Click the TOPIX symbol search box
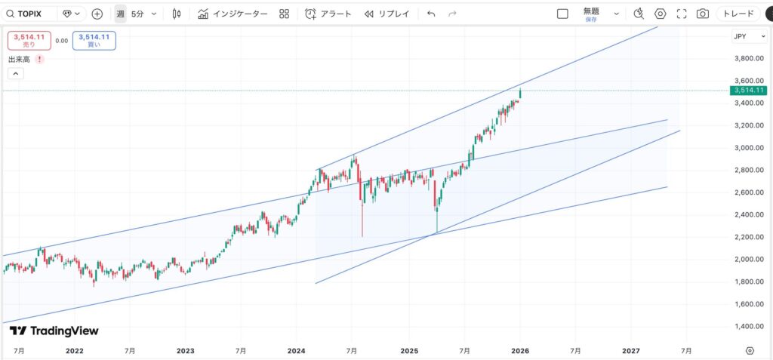tap(30, 14)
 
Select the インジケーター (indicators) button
tap(233, 14)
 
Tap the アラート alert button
tap(328, 14)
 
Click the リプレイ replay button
tap(386, 14)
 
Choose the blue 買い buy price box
tap(94, 41)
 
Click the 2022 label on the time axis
tap(74, 351)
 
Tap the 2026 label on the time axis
tap(519, 351)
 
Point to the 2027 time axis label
tap(631, 351)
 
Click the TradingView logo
tap(54, 331)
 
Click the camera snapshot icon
tap(703, 14)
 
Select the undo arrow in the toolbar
tap(430, 14)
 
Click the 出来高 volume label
tap(19, 59)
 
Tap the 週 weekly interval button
tap(120, 14)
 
